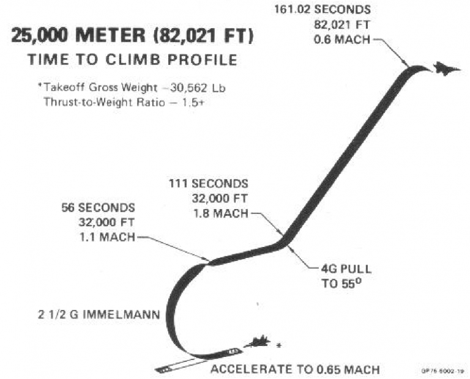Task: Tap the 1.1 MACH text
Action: click(108, 237)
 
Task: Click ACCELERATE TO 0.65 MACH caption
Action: click(295, 370)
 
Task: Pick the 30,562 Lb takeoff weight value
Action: click(194, 88)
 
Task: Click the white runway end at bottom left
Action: click(164, 370)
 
